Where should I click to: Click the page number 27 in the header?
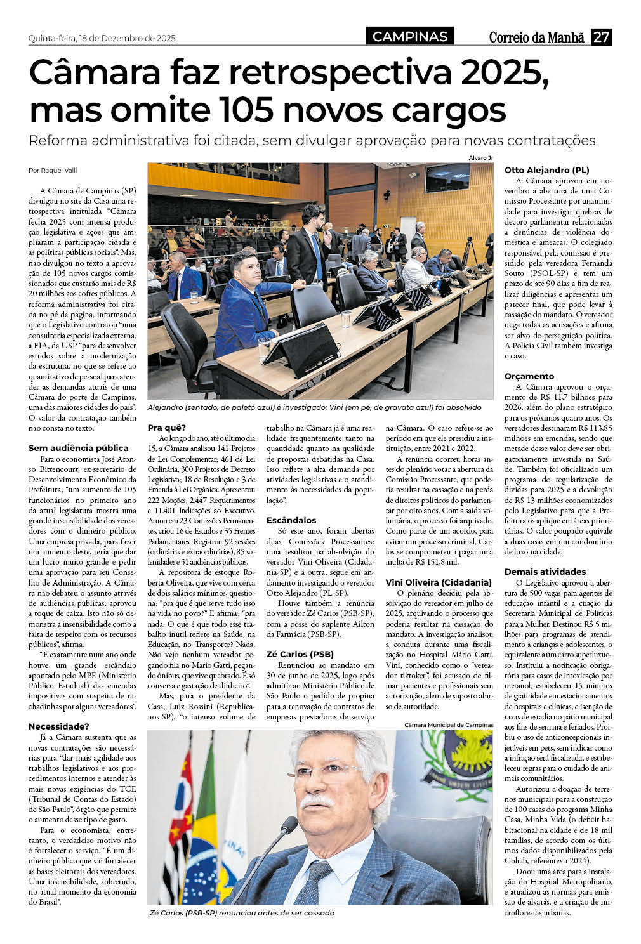coord(601,37)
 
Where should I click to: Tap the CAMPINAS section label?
coord(410,37)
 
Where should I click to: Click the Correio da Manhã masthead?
coord(536,37)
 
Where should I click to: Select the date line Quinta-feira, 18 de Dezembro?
coord(102,38)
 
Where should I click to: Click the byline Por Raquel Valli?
coord(53,170)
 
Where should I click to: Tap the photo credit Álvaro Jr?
coord(480,158)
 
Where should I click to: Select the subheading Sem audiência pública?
coord(79,448)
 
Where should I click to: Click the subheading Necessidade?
coord(59,726)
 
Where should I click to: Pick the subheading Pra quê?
coord(167,428)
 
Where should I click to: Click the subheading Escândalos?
coord(291,520)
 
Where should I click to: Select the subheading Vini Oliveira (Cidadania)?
coord(439,582)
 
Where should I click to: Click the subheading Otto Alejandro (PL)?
coord(546,170)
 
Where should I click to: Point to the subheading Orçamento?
coord(529,376)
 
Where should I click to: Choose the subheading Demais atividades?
coord(545,572)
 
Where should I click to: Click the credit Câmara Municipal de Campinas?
coord(449,725)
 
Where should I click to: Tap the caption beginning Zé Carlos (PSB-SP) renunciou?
coord(241,912)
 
